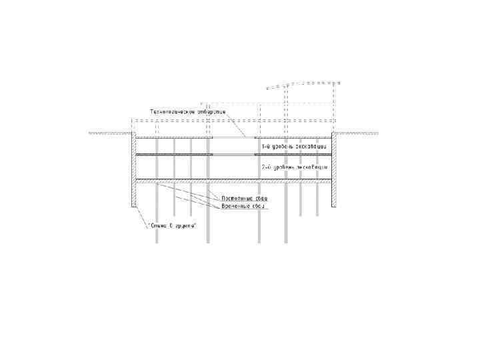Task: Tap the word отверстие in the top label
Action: tap(211, 111)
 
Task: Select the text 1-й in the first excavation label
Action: tap(266, 145)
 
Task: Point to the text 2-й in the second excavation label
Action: tap(266, 167)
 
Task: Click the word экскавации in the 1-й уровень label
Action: tap(312, 145)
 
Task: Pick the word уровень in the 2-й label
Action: tap(286, 167)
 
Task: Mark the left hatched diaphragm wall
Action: tap(133, 170)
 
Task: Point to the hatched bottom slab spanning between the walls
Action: tap(233, 181)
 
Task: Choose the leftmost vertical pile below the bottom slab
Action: tap(157, 213)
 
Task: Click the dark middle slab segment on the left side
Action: tap(174, 155)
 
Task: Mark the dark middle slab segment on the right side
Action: tap(293, 155)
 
